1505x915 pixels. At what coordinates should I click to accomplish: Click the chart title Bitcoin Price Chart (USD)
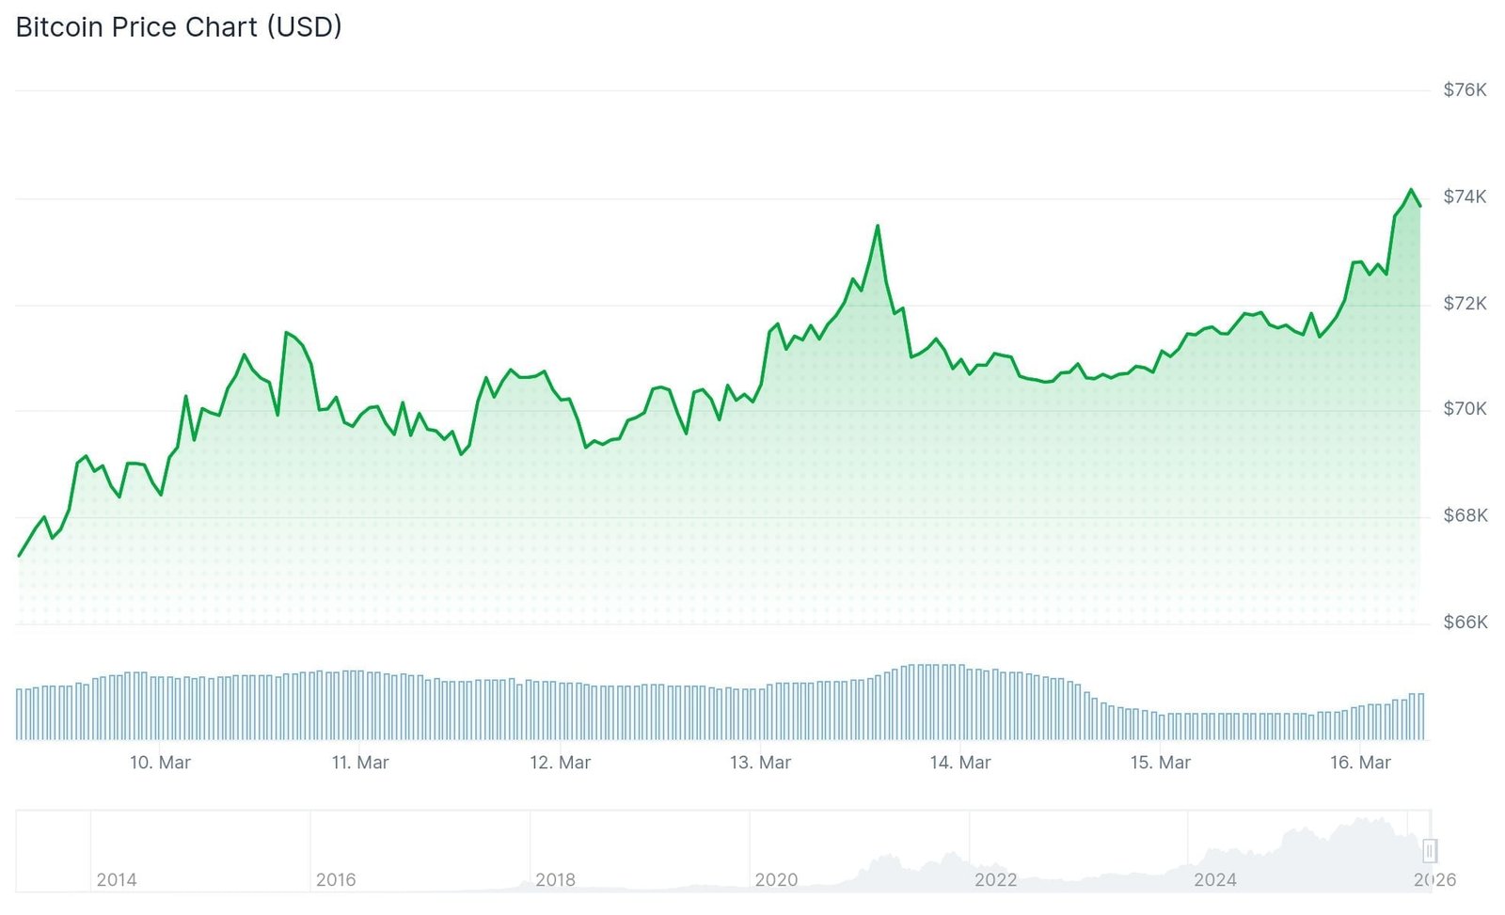pos(179,27)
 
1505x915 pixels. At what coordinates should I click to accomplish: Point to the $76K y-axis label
pos(1465,90)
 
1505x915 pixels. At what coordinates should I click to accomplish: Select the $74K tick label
pos(1465,197)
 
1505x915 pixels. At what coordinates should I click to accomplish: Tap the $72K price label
pos(1465,304)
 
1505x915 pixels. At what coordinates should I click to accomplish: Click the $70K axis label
pos(1465,409)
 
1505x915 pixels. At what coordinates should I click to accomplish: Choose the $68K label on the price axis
pos(1465,516)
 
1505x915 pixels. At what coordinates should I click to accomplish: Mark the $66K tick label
pos(1465,623)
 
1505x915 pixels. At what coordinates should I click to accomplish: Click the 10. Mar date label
pos(160,763)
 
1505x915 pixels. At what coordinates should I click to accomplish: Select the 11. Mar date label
pos(360,763)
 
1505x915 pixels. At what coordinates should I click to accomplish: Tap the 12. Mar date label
pos(560,763)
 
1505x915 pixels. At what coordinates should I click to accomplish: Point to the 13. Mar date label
pos(760,763)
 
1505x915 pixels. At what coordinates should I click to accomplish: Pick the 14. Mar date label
pos(960,763)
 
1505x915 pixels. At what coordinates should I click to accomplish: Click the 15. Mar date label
pos(1160,763)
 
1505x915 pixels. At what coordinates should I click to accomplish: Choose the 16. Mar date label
pos(1360,763)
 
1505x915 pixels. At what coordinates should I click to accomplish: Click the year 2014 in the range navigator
pos(117,880)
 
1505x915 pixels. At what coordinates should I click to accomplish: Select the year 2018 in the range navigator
pos(555,880)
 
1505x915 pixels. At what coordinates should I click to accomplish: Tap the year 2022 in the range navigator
pos(995,880)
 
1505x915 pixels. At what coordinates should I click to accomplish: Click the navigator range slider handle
pos(1429,851)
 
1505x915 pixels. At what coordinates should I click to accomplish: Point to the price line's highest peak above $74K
pos(1411,190)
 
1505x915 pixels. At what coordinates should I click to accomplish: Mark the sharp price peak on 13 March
pos(878,226)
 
